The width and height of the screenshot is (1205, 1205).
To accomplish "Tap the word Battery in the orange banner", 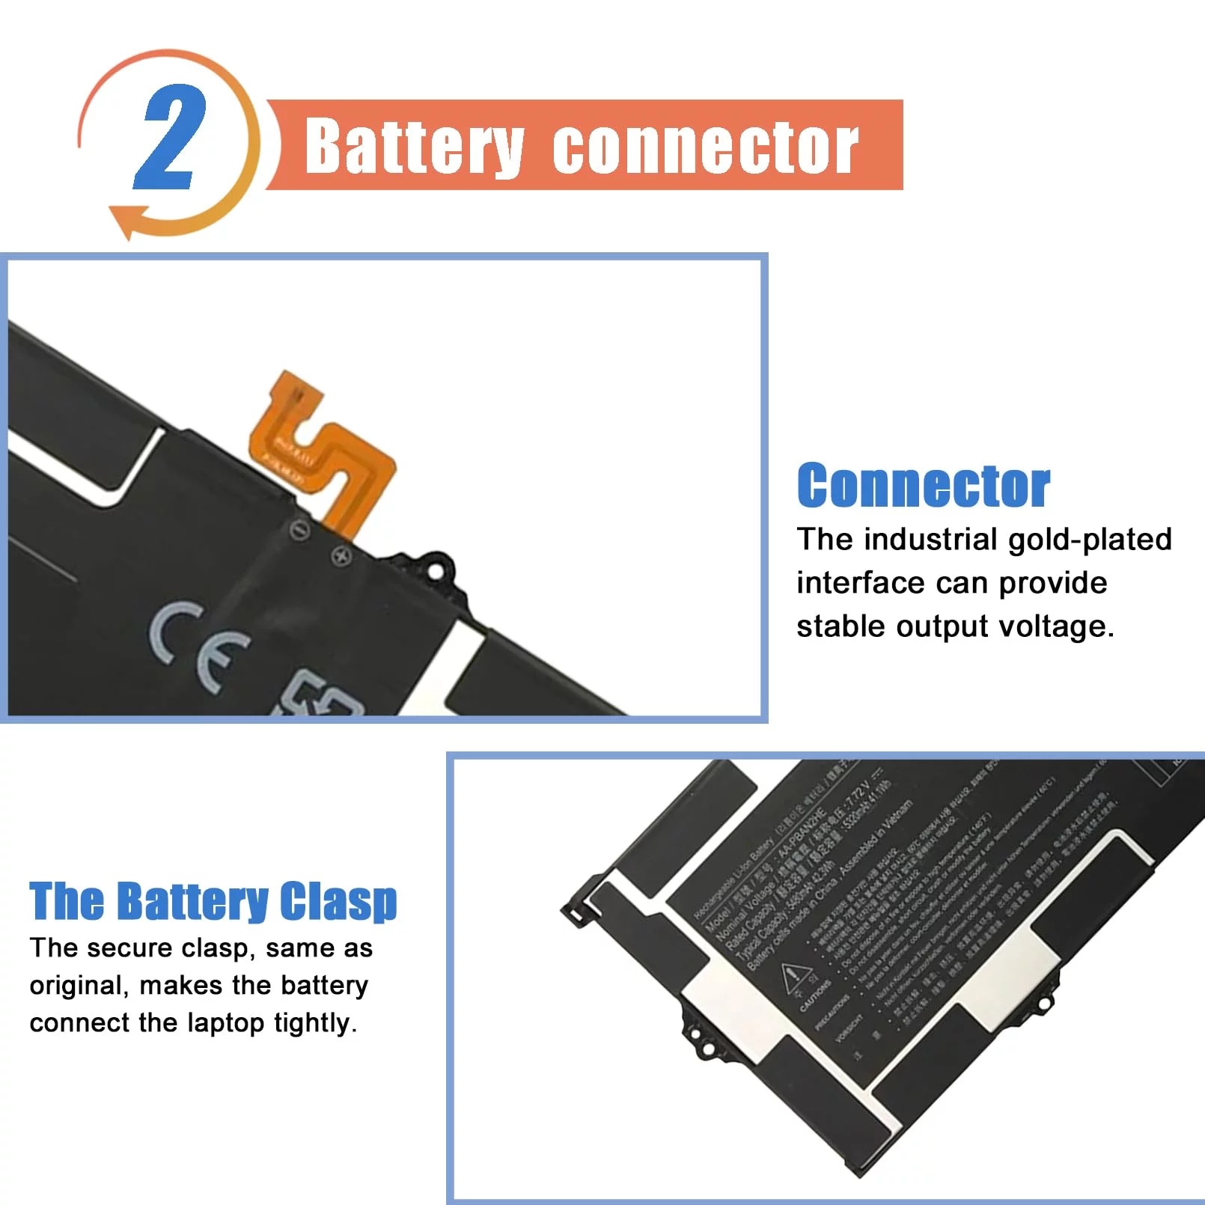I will [x=414, y=147].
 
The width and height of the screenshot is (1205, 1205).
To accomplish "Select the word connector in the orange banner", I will [x=705, y=147].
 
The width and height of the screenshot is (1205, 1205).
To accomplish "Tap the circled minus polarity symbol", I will [x=300, y=531].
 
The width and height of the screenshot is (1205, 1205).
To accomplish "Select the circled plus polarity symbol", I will [x=342, y=556].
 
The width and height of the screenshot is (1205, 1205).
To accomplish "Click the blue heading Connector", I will [x=923, y=486].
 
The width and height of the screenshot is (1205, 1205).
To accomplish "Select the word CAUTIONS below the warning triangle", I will [x=815, y=996].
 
